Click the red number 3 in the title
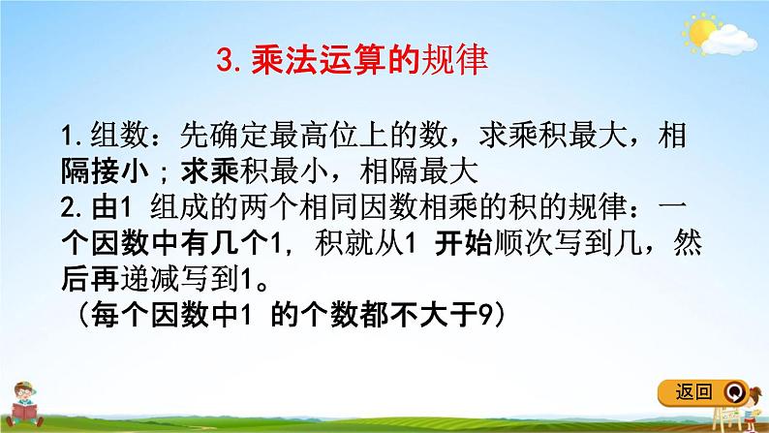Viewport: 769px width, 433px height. (x=225, y=61)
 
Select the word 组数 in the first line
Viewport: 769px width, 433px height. (x=120, y=135)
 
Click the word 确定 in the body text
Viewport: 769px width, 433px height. (x=239, y=135)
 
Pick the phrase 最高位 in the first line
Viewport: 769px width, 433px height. (x=314, y=135)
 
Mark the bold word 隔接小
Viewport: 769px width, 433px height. (x=106, y=171)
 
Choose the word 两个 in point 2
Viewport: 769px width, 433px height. (x=269, y=207)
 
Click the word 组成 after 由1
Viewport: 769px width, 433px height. (x=179, y=207)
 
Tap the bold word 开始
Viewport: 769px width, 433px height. (x=464, y=243)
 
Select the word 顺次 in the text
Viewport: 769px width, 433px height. (x=523, y=243)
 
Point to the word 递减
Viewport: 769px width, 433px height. (x=149, y=280)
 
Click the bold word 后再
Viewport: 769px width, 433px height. (x=90, y=280)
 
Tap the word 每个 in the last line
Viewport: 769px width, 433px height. (x=120, y=315)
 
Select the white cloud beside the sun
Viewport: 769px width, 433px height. (x=729, y=41)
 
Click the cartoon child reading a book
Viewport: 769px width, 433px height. (x=23, y=405)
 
